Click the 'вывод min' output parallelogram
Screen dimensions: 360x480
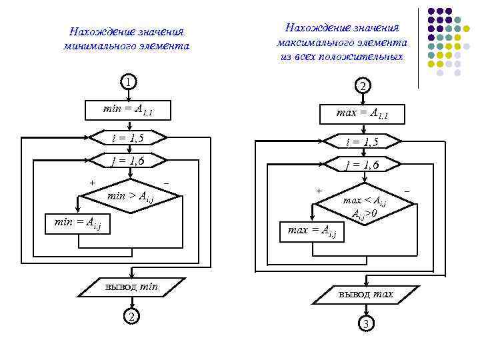click(131, 287)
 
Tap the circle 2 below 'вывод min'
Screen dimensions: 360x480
click(132, 316)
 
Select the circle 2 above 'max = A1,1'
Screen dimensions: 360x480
click(361, 86)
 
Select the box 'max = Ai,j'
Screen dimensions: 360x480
click(312, 231)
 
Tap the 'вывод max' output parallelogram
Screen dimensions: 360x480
click(365, 294)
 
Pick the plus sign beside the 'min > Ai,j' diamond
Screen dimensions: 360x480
click(92, 182)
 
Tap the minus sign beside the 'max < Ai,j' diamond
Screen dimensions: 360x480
click(407, 191)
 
